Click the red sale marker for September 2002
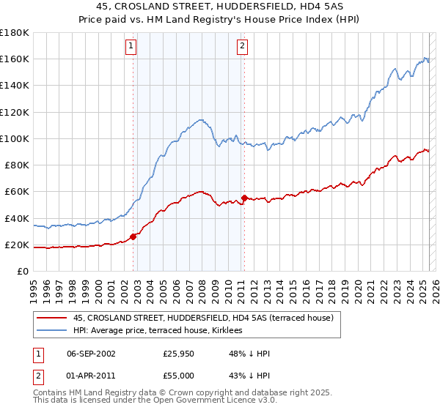coord(133,236)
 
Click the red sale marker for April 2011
coord(244,198)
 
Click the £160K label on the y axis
coord(15,59)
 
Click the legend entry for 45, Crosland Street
coord(203,318)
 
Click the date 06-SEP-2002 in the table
coord(91,354)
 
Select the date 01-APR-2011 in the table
coord(91,377)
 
